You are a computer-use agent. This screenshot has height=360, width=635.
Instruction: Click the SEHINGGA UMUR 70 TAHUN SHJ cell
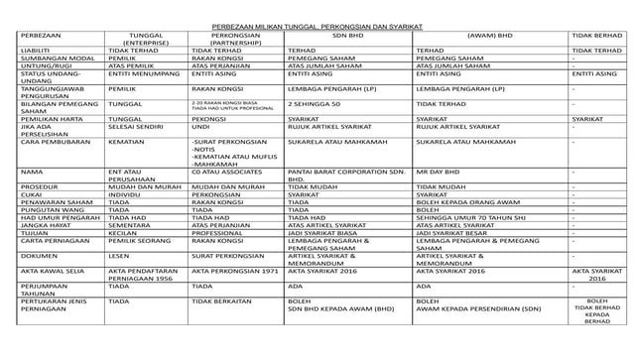point(470,217)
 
